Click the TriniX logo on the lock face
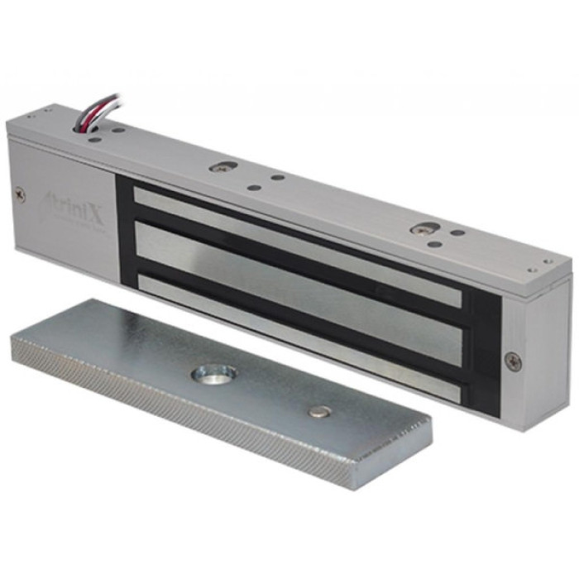pyautogui.click(x=73, y=201)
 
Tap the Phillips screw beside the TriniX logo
pyautogui.click(x=21, y=195)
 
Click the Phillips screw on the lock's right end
pyautogui.click(x=514, y=361)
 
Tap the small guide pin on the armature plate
pyautogui.click(x=317, y=411)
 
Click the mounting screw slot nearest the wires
pyautogui.click(x=221, y=167)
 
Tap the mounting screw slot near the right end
pyautogui.click(x=426, y=228)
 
